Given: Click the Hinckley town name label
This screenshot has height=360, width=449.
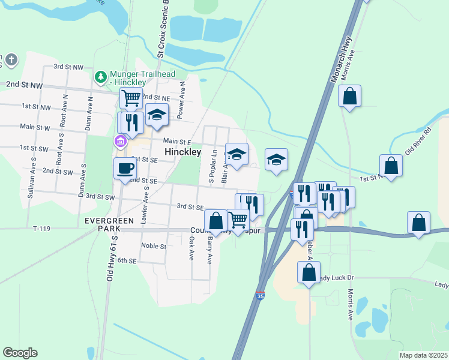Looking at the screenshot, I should pos(182,152).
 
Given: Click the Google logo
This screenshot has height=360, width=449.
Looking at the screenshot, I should pos(20,353).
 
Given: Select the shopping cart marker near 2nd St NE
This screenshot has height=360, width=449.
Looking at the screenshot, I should pos(130,97).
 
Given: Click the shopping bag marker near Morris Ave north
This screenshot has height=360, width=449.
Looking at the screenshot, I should pos(349,95).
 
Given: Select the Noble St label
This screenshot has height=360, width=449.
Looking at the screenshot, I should pos(153,246).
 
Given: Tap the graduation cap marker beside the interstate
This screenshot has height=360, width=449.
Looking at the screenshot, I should pos(276,160).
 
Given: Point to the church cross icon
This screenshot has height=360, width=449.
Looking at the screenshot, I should pos(12,59).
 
